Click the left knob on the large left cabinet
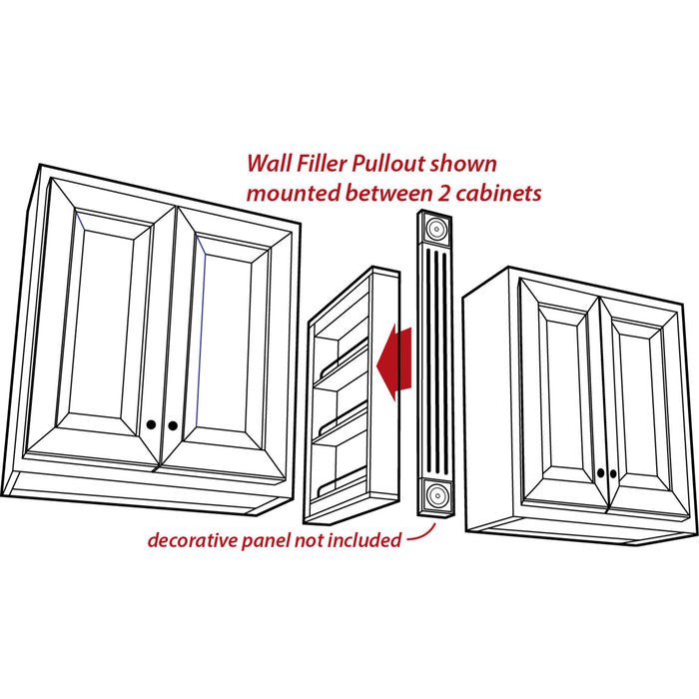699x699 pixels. click(151, 424)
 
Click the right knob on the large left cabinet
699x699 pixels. click(173, 426)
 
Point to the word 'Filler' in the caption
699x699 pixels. click(321, 163)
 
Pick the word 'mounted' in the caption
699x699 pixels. click(291, 193)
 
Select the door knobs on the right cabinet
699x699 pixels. click(602, 472)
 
